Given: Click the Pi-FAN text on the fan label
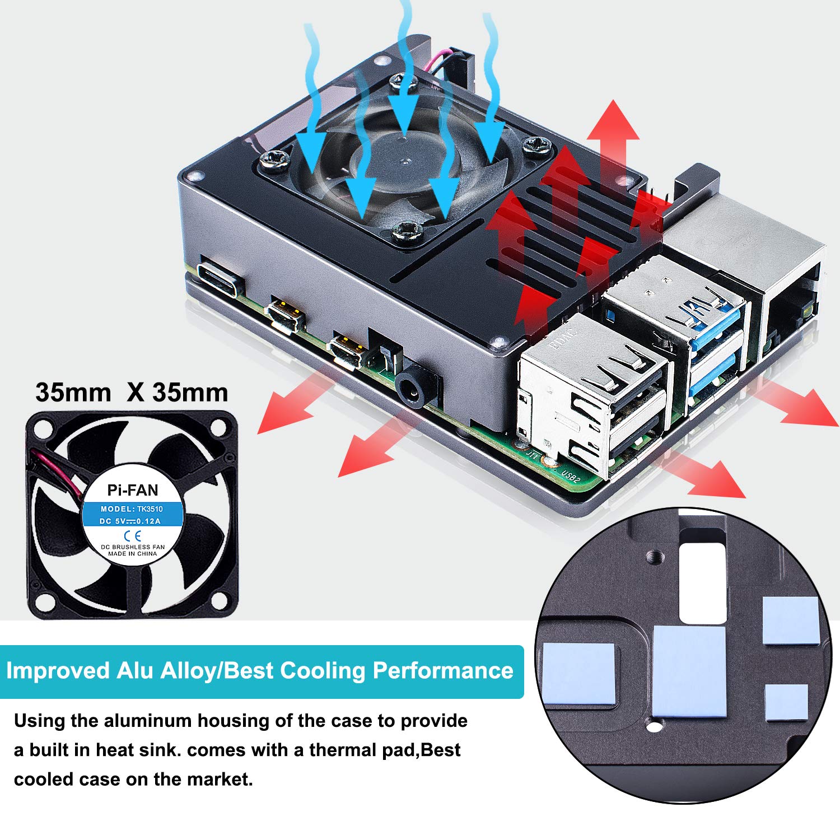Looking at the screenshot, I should coord(133,491).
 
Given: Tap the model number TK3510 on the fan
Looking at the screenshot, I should coord(150,509).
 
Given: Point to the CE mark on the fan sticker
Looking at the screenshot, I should coord(133,535).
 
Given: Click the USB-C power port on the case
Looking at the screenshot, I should coord(221,278).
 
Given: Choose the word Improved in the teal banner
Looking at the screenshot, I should coord(58,671).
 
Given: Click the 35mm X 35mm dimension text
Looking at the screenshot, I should coord(132,393).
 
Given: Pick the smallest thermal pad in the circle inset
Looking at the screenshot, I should coord(786,702).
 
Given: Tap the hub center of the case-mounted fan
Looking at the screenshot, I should coord(404,160).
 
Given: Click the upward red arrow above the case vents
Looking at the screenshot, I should coord(613,140).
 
